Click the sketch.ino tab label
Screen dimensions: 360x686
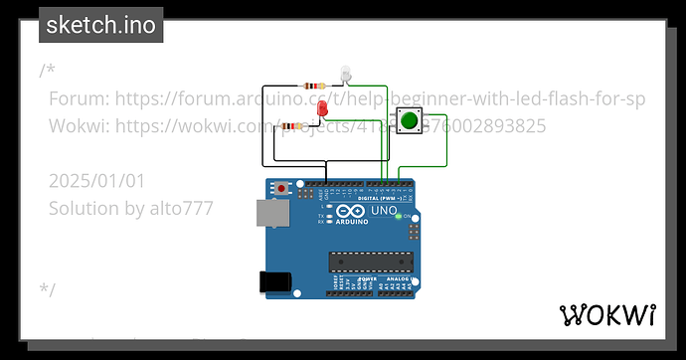100,25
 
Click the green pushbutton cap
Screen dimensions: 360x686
409,121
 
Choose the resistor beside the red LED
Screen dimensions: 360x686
292,126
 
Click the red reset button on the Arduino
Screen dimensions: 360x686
282,187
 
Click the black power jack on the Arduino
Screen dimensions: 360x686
275,281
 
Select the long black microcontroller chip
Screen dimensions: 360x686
370,262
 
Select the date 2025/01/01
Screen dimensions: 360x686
96,180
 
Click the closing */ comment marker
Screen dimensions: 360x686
48,289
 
